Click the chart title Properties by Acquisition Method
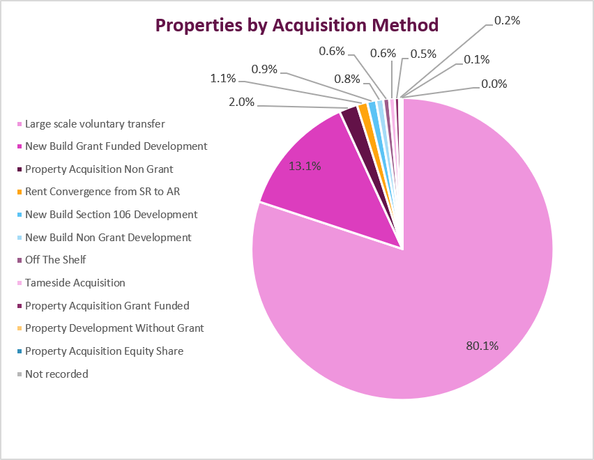tap(297, 26)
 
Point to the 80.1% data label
tap(482, 346)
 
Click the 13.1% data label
tap(305, 166)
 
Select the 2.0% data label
tap(241, 102)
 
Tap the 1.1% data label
tap(223, 78)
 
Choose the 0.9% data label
tap(264, 69)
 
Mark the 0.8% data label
tap(347, 79)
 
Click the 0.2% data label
tap(508, 20)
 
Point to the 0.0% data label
tap(494, 84)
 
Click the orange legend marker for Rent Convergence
tap(20, 192)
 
